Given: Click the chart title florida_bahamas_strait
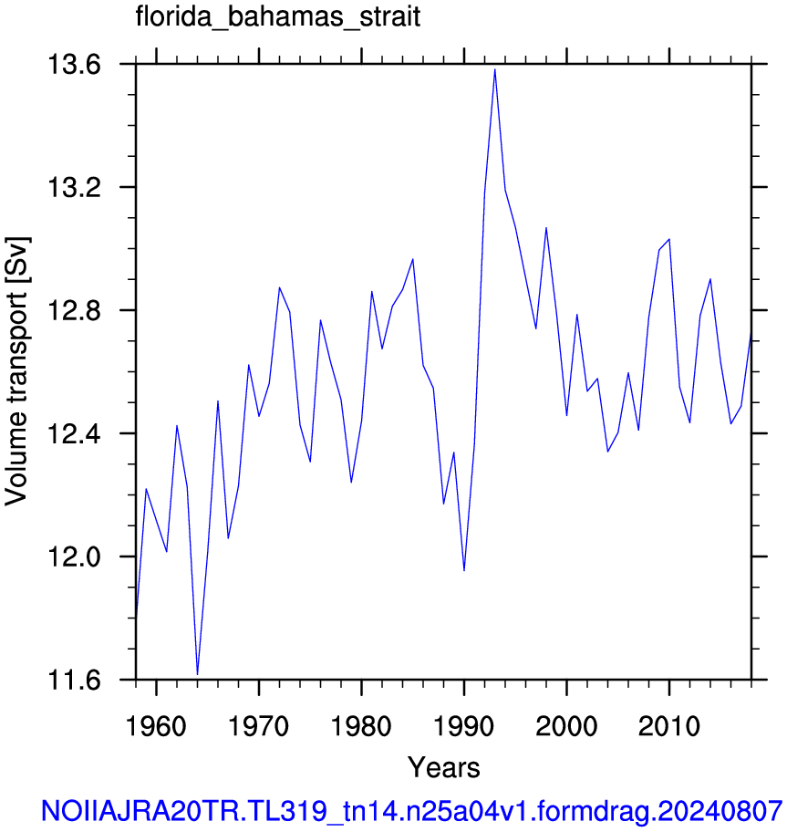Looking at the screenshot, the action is (x=278, y=16).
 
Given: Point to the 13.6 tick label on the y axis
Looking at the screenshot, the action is (x=74, y=65).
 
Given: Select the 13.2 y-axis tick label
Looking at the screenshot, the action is (x=74, y=188).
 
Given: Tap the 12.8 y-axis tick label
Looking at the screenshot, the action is (x=74, y=311).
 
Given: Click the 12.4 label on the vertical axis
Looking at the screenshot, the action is (x=74, y=434).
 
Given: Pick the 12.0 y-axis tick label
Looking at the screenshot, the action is (x=74, y=557).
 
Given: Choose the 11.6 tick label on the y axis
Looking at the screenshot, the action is (x=74, y=681).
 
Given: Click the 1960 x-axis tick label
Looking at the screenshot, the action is (x=156, y=726).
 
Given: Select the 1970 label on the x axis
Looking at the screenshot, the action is (x=259, y=726).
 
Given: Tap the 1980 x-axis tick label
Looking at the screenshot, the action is (x=361, y=726).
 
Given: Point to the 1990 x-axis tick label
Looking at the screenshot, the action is (x=464, y=726).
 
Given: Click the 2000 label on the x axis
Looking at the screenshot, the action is (x=566, y=726).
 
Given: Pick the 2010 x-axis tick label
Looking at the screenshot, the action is (x=669, y=726).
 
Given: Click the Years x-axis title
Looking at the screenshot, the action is (x=444, y=767).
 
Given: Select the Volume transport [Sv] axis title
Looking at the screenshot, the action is (x=17, y=371).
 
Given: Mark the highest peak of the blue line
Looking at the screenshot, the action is (x=495, y=69).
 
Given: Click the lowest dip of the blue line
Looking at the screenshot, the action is (x=197, y=674).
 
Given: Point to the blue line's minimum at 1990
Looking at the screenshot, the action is (x=464, y=570).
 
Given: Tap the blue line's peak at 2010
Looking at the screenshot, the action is (x=669, y=239).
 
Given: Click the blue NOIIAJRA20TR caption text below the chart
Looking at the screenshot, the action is (x=412, y=811).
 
